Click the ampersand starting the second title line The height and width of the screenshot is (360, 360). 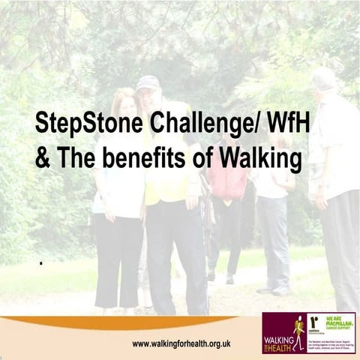42,159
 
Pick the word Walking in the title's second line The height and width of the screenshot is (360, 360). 257,159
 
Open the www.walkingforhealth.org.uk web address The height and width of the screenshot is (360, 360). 181,343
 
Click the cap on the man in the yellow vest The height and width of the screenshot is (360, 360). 148,82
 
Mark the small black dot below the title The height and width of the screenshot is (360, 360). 40,263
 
